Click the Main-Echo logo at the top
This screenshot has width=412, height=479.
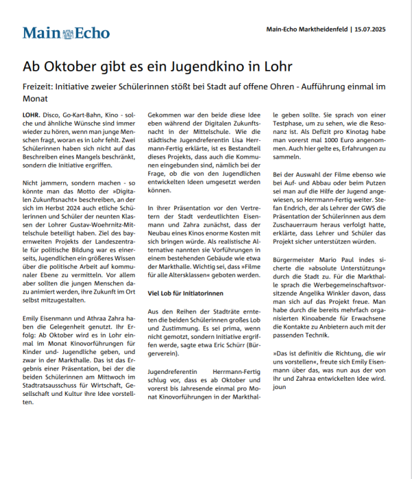tap(60, 33)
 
